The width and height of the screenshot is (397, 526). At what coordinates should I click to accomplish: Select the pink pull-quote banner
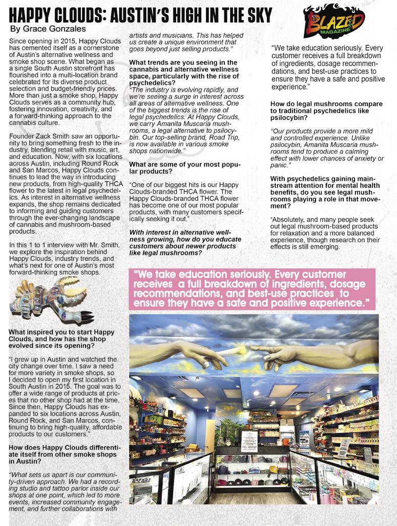253,289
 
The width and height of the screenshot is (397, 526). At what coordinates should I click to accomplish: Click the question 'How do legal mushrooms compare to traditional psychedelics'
326,111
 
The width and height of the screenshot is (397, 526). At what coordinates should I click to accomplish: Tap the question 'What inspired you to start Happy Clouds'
62,339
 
